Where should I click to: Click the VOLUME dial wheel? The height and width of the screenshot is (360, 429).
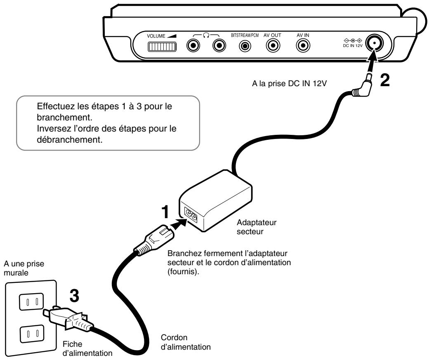(x=160, y=47)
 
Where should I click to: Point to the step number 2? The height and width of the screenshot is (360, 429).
(x=384, y=80)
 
